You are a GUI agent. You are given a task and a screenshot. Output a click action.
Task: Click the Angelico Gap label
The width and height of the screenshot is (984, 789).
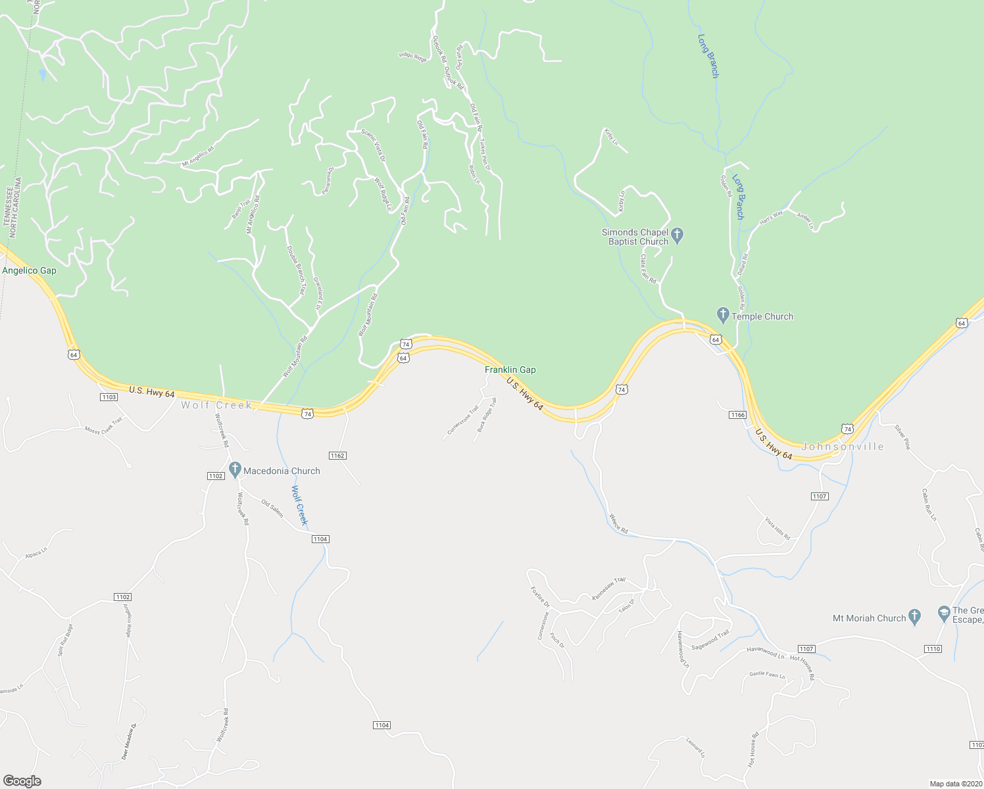coord(30,270)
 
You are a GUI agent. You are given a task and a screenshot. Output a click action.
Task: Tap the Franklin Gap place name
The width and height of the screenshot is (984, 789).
coord(510,370)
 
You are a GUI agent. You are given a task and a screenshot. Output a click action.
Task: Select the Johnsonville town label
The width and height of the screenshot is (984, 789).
coord(843,446)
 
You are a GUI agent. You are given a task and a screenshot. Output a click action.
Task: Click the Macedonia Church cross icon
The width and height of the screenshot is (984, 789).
coord(235,470)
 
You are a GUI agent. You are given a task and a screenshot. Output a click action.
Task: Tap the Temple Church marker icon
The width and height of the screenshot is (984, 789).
coord(723,316)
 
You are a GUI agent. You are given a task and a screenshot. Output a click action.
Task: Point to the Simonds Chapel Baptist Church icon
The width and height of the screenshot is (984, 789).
coord(678,235)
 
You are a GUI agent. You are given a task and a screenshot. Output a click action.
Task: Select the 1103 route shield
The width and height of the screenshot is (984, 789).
coord(109,396)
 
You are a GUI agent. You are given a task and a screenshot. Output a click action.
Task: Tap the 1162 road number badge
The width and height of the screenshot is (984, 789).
coord(337,455)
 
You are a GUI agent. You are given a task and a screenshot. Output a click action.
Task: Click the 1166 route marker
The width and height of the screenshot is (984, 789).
coord(737,414)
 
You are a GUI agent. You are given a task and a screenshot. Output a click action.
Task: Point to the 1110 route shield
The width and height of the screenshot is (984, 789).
coord(933,648)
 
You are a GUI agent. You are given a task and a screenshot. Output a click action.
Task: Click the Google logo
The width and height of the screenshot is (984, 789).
coord(22,781)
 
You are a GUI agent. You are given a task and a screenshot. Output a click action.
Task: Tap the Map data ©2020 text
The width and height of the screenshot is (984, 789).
coord(955,784)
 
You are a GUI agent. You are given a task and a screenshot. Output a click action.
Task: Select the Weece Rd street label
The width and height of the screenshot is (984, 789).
coord(618,523)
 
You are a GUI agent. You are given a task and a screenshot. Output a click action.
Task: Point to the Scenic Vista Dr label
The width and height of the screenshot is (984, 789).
coord(373,145)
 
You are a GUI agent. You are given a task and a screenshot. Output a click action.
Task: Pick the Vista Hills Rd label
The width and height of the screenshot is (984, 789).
coord(777,528)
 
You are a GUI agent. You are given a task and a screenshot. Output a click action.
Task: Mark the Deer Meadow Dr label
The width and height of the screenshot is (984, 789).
coord(129,742)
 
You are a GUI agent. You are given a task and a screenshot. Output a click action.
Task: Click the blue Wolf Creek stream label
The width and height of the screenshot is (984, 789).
coord(299,505)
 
